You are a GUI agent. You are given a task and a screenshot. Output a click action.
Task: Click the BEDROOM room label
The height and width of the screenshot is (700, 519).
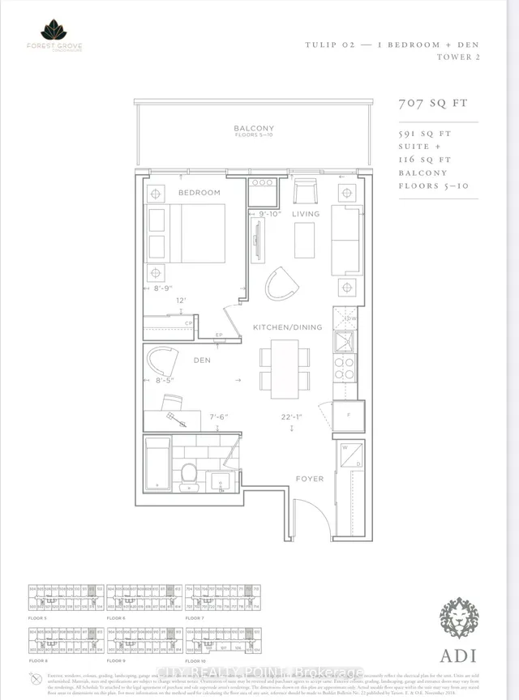click(199, 193)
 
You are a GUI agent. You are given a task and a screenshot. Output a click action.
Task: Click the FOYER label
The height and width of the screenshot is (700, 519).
click(309, 479)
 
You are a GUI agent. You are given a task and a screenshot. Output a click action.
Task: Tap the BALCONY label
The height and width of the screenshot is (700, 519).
click(254, 128)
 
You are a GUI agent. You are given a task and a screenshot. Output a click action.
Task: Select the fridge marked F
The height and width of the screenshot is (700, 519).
click(347, 417)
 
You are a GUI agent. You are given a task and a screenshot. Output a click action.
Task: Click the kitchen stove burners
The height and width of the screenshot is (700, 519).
click(345, 369)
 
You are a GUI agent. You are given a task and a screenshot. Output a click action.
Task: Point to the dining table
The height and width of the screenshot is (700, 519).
click(284, 368)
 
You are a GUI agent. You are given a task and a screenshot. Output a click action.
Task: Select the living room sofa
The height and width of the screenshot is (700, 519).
click(346, 235)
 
